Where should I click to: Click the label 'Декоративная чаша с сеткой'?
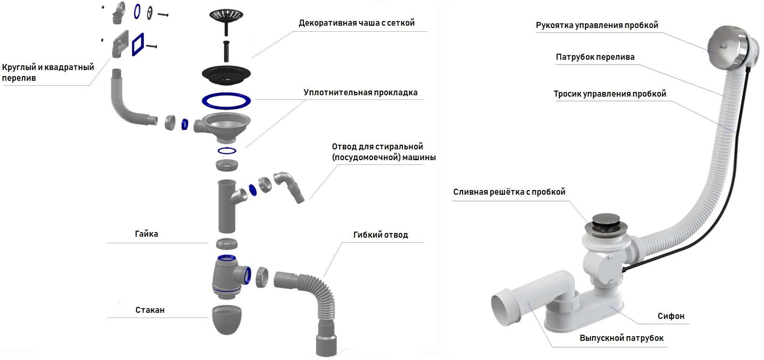coord(357,23)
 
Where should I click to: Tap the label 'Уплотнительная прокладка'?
coord(360,92)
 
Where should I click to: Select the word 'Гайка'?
coord(147,234)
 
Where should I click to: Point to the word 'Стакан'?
coord(150,310)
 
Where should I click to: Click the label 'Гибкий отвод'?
coord(380,235)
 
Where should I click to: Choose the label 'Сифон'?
coord(671,316)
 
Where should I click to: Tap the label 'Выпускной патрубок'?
coord(621,338)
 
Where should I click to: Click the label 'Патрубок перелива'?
coord(595,57)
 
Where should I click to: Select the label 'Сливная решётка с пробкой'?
coord(509,192)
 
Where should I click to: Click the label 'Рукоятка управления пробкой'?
coord(597,25)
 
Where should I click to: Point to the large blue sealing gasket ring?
coord(226,101)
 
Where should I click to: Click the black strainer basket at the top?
coord(226,15)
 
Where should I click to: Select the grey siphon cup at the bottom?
coord(227,319)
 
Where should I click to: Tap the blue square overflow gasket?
coord(138,44)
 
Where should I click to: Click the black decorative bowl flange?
coord(226,75)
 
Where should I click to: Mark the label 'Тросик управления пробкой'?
coord(610,94)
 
